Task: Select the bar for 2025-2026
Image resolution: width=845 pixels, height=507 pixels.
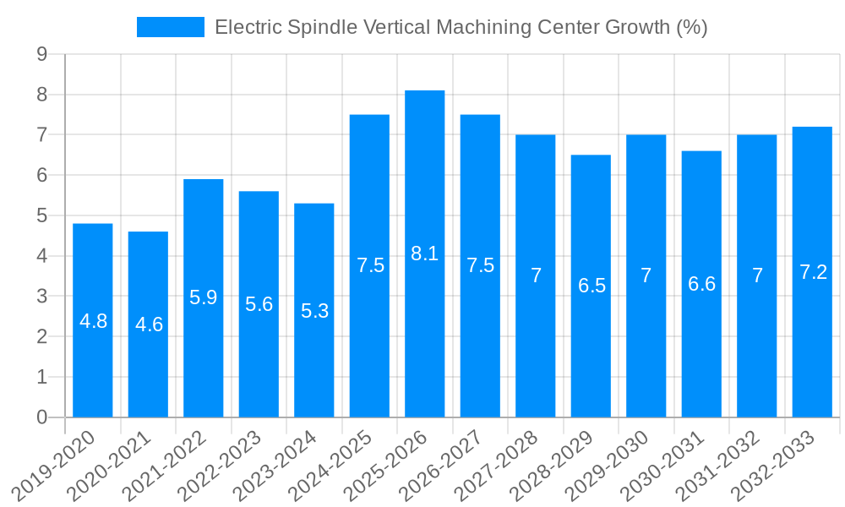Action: pyautogui.click(x=425, y=253)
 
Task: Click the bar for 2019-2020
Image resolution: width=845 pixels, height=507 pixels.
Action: pyautogui.click(x=93, y=320)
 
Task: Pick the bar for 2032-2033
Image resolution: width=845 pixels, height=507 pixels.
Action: pyautogui.click(x=812, y=272)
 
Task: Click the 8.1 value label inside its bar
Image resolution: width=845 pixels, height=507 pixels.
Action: pyautogui.click(x=425, y=253)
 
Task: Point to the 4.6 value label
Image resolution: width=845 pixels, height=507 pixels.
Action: pyautogui.click(x=149, y=324)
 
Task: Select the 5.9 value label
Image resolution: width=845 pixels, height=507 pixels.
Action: pyautogui.click(x=204, y=297)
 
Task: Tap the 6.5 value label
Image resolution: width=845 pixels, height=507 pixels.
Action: pyautogui.click(x=591, y=286)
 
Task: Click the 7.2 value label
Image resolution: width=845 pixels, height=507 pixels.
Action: pyautogui.click(x=813, y=272)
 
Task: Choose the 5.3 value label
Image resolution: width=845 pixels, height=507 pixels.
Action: pyautogui.click(x=314, y=311)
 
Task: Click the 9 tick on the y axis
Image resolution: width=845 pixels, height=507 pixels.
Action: pyautogui.click(x=41, y=55)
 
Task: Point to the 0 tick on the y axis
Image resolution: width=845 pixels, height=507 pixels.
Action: pyautogui.click(x=41, y=417)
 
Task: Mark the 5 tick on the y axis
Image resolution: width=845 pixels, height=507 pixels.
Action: pyautogui.click(x=41, y=216)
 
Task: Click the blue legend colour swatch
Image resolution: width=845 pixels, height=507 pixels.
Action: pyautogui.click(x=171, y=28)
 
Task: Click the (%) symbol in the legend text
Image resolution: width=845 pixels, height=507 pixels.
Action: pyautogui.click(x=691, y=28)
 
